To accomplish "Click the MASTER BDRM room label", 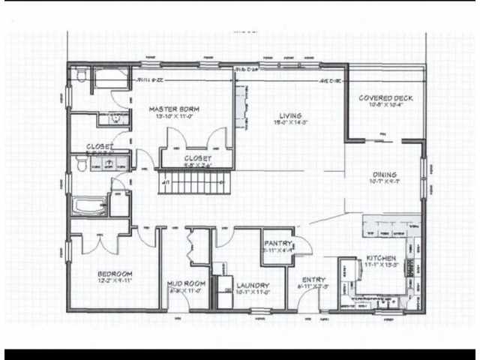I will point(178,109).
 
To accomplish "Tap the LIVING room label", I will point(290,115).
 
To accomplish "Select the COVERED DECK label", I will point(385,98).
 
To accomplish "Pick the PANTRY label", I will point(277,244).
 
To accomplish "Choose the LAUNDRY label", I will point(252,286).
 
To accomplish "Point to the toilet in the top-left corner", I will point(79,76).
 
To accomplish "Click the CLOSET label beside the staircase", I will point(197,158).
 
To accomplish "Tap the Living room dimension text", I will point(290,124).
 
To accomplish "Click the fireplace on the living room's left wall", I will point(241,105).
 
